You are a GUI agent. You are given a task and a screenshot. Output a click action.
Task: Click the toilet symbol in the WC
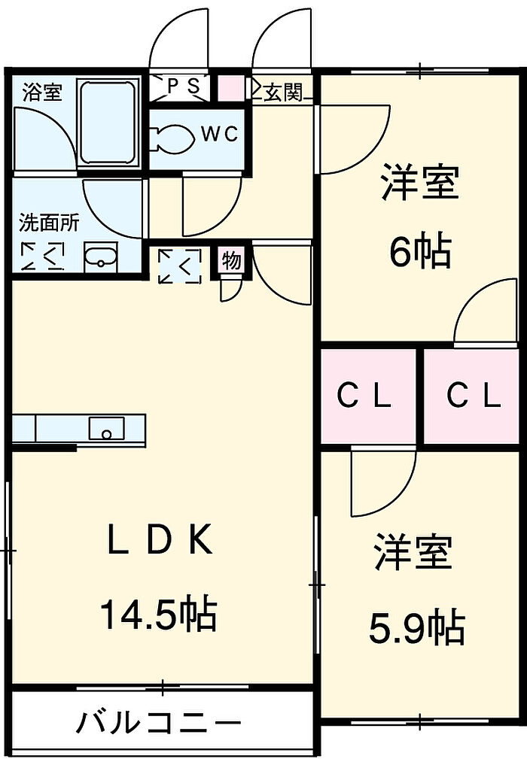click(172, 138)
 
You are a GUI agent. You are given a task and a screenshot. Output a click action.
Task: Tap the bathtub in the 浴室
click(107, 123)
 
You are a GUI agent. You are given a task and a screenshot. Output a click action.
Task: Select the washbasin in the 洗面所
click(101, 257)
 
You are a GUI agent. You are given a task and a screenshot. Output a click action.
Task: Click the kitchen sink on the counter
click(106, 428)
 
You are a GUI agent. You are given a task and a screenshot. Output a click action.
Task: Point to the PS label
click(181, 87)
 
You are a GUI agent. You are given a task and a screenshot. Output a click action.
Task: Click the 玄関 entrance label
click(284, 91)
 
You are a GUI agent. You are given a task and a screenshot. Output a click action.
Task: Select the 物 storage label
click(232, 260)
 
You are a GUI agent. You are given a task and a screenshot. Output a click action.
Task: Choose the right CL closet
click(472, 396)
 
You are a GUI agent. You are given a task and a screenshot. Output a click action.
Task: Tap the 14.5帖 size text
click(159, 613)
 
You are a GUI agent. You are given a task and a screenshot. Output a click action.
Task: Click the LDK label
click(160, 539)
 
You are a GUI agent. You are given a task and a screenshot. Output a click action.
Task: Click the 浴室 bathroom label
click(42, 92)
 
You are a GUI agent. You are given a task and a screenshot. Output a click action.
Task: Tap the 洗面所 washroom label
click(49, 223)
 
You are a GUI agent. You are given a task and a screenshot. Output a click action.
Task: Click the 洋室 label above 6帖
click(419, 182)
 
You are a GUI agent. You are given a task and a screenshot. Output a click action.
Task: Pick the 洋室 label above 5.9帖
click(413, 552)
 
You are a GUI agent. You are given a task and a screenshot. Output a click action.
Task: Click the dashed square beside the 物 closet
click(180, 266)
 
